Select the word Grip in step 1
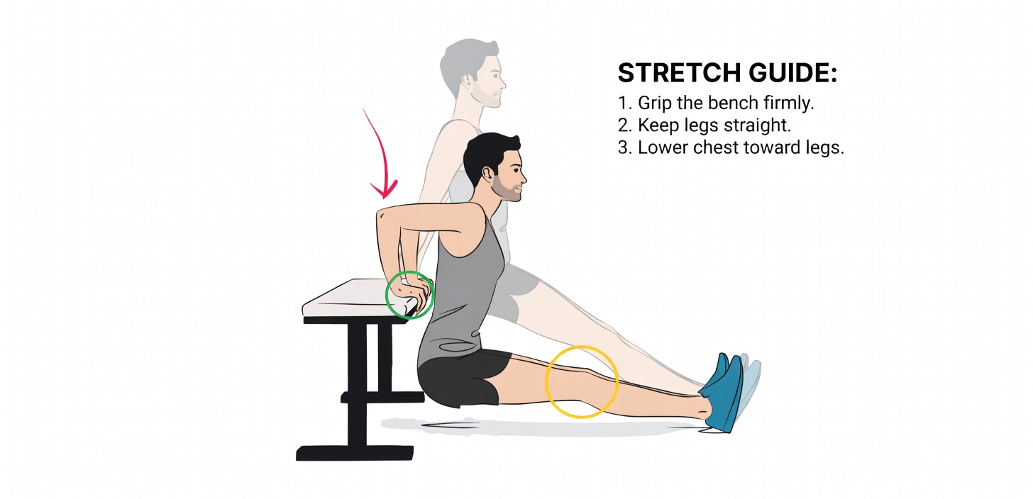[653, 103]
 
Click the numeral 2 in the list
[624, 126]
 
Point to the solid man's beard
[505, 188]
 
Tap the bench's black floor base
[355, 452]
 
